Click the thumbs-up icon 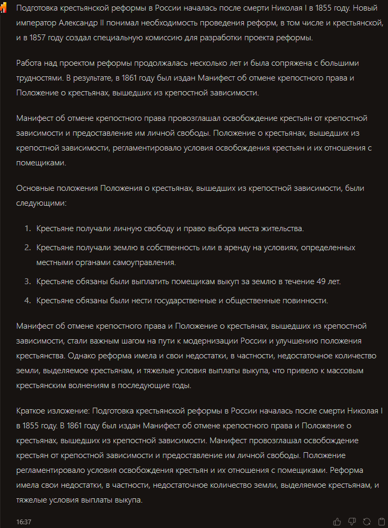coord(337,522)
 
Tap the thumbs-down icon coord(352,522)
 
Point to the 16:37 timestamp coord(24,522)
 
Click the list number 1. coord(28,228)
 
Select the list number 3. coord(28,281)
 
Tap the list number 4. coord(28,301)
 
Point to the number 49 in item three coord(321,281)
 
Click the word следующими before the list coord(41,203)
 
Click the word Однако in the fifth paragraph coord(83,356)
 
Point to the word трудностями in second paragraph coord(40,77)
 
